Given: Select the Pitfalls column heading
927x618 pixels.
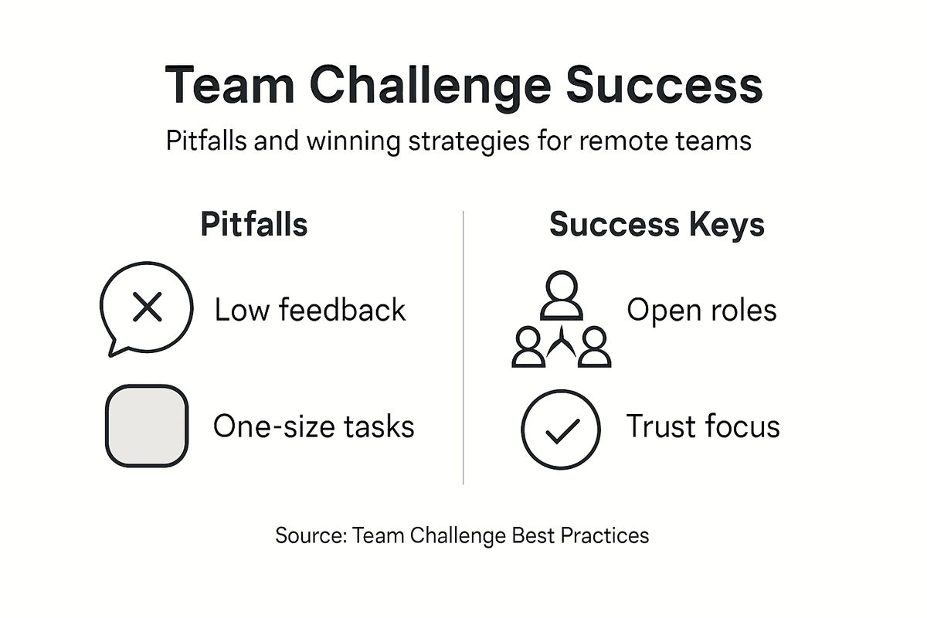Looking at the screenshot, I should (x=253, y=225).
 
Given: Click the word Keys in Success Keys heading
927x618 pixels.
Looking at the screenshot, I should (x=728, y=225).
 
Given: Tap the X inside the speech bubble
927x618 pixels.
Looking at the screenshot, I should (x=146, y=308).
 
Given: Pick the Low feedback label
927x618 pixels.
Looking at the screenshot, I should (x=310, y=311).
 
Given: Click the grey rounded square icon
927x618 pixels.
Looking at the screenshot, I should (x=146, y=426).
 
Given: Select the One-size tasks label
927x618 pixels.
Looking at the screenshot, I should (x=314, y=426).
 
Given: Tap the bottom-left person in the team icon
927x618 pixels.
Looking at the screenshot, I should (x=528, y=348).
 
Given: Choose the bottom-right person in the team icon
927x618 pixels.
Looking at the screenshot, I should (x=594, y=348).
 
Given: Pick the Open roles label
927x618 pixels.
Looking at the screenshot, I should (x=701, y=311).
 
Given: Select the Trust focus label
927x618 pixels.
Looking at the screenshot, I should (x=702, y=426).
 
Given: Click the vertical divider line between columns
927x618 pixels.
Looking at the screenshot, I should (x=463, y=348).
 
